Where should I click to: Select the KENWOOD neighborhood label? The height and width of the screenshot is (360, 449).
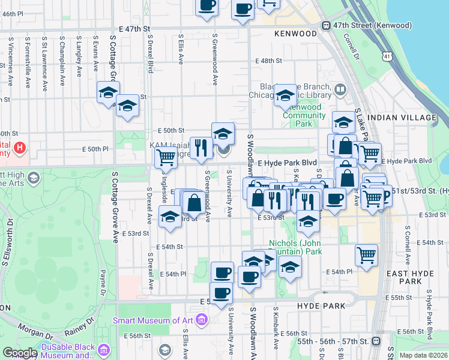coord(295,34)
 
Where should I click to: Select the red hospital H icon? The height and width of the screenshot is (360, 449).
coord(20,147)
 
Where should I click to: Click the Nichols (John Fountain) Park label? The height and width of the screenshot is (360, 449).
coord(295,247)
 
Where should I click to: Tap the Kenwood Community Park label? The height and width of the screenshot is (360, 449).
coord(304,115)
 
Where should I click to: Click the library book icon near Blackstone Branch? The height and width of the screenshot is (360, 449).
coord(340,90)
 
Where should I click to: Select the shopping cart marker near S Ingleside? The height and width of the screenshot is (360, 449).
coord(165,157)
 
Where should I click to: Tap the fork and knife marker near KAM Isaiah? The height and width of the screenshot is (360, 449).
coord(200,147)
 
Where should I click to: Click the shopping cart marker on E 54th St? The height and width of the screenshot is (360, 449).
coord(366,255)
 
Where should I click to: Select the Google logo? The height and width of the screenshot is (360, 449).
coord(19,353)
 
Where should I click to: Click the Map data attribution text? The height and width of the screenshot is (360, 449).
coord(422,355)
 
